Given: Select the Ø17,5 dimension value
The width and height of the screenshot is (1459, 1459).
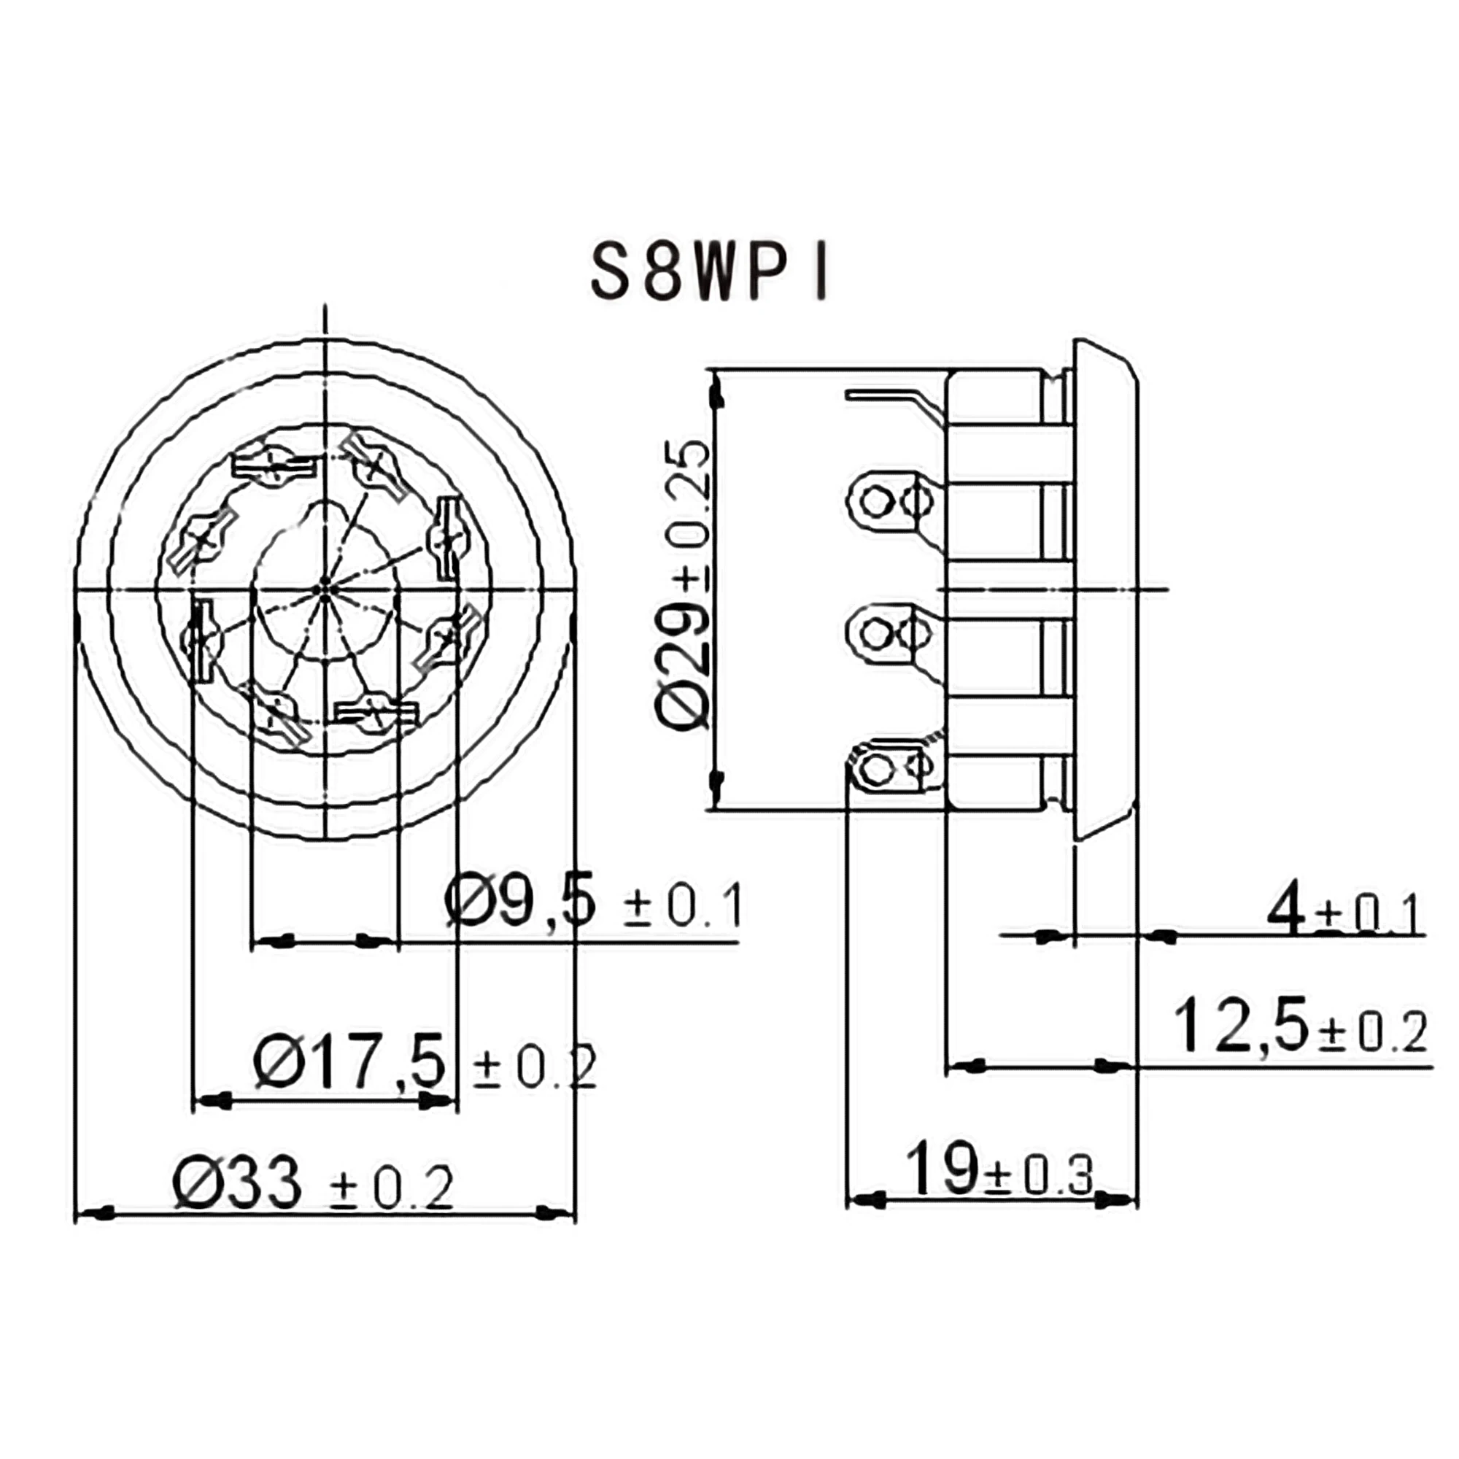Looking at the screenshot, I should click(349, 1063).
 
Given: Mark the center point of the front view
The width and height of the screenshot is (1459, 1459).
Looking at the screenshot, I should click(325, 589).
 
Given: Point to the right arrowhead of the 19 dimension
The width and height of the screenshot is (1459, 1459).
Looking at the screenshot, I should click(1121, 1199).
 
